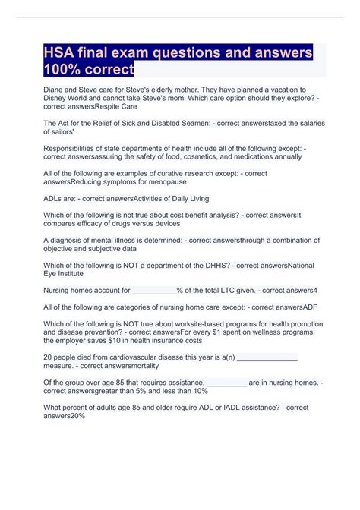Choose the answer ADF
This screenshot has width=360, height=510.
[x=313, y=307]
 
